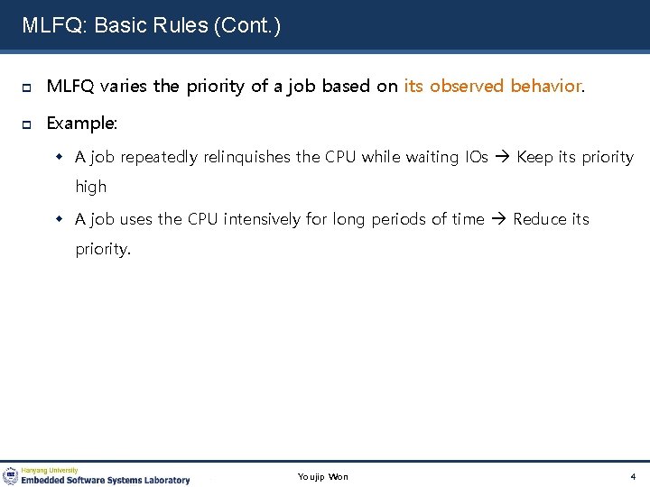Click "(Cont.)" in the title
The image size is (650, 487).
[x=246, y=25]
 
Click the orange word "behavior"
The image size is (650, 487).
[x=546, y=87]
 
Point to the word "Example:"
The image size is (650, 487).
[x=82, y=122]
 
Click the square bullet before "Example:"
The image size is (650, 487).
[x=27, y=123]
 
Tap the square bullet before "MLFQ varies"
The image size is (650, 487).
[x=27, y=87]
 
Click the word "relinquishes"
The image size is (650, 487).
[x=246, y=157]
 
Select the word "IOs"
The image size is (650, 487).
[x=476, y=157]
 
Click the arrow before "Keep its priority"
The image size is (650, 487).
[x=503, y=157]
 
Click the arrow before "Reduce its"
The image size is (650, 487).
[x=499, y=219]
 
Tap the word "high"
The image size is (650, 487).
[x=90, y=187]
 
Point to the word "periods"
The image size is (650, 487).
[x=395, y=219]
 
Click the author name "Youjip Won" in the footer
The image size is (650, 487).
[x=322, y=476]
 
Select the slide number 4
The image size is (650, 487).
[x=633, y=476]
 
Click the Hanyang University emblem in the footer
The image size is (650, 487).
[x=11, y=475]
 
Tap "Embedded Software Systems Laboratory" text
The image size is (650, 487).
[x=106, y=480]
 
